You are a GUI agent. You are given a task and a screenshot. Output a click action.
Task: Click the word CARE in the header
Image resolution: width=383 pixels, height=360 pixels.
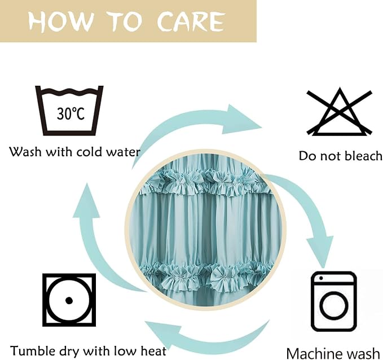pos(191,22)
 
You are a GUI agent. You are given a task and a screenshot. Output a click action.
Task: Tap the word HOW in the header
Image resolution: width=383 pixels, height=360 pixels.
pos(61,22)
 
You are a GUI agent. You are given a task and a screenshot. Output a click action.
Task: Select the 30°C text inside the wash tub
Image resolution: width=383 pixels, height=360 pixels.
pos(71,113)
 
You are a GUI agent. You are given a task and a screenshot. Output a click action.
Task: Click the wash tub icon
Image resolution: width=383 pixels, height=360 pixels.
pos(69,111)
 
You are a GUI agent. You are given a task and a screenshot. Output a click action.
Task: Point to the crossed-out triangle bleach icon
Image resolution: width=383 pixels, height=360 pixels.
pos(340,112)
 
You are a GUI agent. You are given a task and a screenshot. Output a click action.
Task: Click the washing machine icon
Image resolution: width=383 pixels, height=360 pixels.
pos(334,301)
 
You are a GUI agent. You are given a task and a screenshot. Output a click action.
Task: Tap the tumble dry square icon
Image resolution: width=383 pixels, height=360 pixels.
pos(69,300)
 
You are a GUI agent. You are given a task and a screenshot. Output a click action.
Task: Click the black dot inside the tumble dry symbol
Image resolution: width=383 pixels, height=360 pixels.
pos(69,300)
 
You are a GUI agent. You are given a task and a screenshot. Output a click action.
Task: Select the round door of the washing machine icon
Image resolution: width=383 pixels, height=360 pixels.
pos(334,306)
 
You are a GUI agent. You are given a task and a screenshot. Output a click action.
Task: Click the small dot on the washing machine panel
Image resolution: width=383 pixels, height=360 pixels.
pos(321,278)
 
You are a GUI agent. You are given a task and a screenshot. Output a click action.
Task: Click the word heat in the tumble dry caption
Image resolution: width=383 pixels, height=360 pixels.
pos(153,351)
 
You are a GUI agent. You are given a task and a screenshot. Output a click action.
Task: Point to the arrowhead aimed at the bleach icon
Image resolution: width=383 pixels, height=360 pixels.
pos(241,119)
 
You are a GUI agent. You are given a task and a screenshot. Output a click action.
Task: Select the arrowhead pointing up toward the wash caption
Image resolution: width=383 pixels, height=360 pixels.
pos(86,201)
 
